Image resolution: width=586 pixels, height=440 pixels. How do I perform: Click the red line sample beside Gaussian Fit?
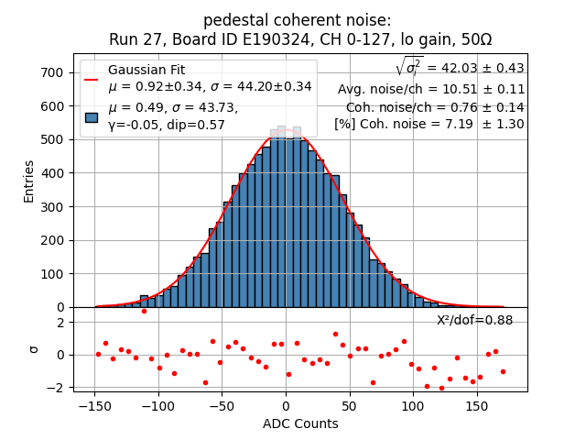click(x=91, y=79)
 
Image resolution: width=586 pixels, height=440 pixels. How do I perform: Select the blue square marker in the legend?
click(x=91, y=117)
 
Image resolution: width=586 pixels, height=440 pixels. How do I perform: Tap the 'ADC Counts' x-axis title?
click(x=300, y=423)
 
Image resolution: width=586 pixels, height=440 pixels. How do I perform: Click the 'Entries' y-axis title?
click(x=28, y=181)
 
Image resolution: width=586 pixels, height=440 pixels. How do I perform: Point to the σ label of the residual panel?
click(x=33, y=349)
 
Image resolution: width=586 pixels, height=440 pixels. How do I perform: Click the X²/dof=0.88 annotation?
click(x=474, y=320)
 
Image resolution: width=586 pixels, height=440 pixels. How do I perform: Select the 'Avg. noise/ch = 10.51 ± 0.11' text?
click(x=430, y=89)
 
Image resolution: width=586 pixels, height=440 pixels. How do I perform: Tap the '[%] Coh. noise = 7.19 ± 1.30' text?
click(x=429, y=124)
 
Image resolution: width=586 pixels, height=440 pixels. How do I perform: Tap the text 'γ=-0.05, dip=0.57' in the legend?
click(x=167, y=125)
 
